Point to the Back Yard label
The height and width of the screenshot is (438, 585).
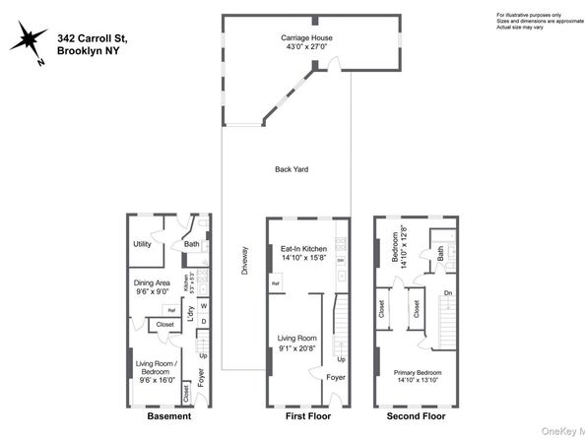coord(292,169)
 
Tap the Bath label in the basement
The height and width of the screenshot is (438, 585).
coord(191,244)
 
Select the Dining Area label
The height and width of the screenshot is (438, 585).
coord(153,283)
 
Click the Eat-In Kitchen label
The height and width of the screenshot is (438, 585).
coord(303,249)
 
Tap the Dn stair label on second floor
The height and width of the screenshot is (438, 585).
coord(448,293)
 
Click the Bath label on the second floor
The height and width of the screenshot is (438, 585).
coord(440,256)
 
